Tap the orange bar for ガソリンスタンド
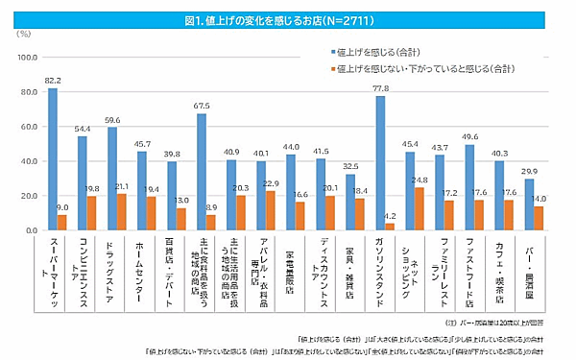tap(390, 227)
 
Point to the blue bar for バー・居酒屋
tap(528, 204)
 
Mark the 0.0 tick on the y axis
tap(26, 230)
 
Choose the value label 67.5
tap(202, 106)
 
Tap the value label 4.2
tap(391, 216)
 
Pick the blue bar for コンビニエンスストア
tap(83, 183)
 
